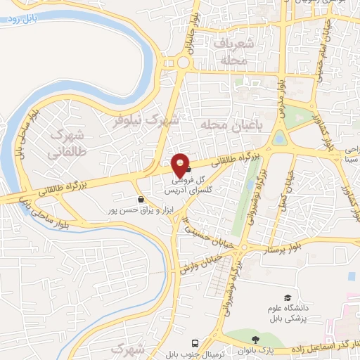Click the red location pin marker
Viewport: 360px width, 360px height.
coord(182,165)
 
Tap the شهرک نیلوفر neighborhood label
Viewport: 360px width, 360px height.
coord(148,120)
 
